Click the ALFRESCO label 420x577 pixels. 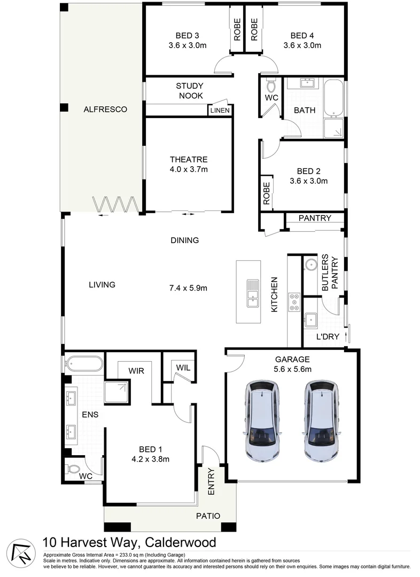click(x=105, y=110)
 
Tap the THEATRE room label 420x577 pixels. click(x=188, y=159)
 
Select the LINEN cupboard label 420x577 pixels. click(x=220, y=111)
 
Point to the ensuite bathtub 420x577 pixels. click(x=83, y=364)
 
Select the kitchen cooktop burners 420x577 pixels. click(x=294, y=302)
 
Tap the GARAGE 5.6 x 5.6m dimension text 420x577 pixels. click(x=292, y=369)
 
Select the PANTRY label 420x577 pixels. click(x=315, y=218)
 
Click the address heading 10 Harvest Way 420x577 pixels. click(x=129, y=543)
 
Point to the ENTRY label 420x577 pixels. click(x=211, y=481)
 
